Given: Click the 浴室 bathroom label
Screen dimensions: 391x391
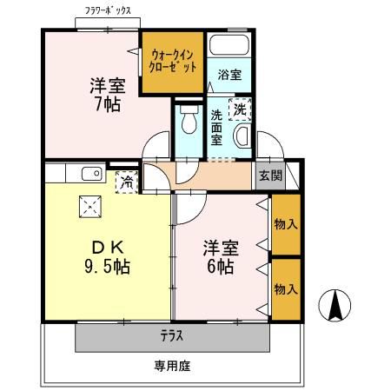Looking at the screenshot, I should click(229, 75).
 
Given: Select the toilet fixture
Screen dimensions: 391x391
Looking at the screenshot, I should click(186, 123).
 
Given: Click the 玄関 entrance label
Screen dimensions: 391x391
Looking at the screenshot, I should click(269, 175).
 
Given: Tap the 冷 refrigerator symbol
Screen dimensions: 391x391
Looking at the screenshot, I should click(127, 182).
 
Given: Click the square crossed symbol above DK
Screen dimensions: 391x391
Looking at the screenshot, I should click(90, 206).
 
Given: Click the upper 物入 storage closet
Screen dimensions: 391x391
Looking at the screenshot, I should click(285, 224).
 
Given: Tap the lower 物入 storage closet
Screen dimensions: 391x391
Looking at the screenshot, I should click(285, 288).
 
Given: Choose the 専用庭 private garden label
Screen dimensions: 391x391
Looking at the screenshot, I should click(172, 367).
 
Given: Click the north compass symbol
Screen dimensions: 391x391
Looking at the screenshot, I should click(335, 307).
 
